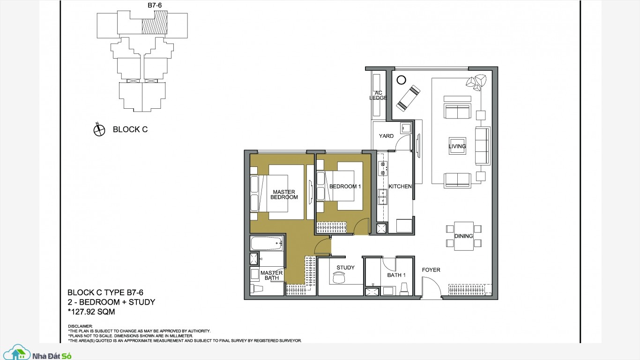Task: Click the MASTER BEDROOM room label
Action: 284,195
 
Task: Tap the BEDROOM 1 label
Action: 345,187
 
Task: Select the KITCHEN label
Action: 400,187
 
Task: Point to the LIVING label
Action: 457,146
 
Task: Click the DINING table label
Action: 463,236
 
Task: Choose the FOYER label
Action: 431,270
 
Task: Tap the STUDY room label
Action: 345,268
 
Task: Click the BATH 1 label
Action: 396,275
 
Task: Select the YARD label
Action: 386,136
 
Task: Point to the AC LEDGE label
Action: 378,96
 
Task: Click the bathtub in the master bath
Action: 267,243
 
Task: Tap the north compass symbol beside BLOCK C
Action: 99,129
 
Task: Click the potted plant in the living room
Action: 476,82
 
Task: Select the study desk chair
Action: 339,277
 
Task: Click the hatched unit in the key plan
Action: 155,23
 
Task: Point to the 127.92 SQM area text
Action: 91,312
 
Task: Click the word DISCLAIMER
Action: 80,326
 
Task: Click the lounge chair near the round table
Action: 408,98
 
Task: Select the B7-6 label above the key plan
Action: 155,5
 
